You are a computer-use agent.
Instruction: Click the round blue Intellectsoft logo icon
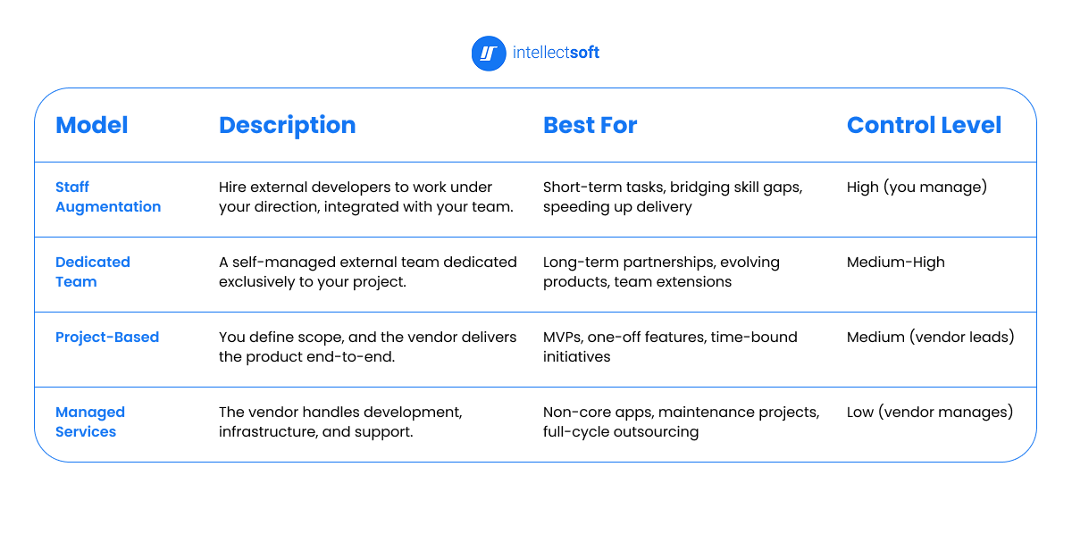click(x=489, y=54)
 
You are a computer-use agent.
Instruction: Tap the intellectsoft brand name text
click(x=556, y=53)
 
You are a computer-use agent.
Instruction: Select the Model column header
click(x=91, y=125)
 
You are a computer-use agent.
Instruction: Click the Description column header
click(x=287, y=125)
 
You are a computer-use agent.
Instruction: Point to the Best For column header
click(x=590, y=125)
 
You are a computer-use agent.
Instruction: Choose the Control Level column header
click(x=924, y=125)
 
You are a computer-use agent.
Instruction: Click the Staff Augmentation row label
click(x=107, y=196)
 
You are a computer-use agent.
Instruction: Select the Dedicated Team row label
click(x=92, y=271)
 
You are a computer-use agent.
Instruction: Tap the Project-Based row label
click(x=107, y=337)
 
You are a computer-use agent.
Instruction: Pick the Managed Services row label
click(x=89, y=421)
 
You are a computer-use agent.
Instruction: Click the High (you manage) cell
click(x=917, y=188)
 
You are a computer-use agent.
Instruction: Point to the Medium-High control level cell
click(x=895, y=263)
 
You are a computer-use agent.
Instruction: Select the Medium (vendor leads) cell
click(x=930, y=338)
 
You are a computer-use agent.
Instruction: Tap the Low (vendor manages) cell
click(x=929, y=413)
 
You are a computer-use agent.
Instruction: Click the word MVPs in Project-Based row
click(x=563, y=338)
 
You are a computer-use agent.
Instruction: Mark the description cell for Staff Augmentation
click(x=367, y=196)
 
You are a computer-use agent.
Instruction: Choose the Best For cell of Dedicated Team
click(x=661, y=271)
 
